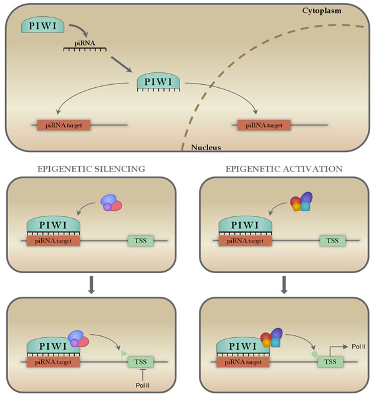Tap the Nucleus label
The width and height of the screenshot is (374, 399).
tap(206, 148)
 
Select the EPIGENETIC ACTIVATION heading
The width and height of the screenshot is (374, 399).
tap(284, 168)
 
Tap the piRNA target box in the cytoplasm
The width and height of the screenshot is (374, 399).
tap(64, 125)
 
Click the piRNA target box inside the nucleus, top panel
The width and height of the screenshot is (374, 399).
tap(264, 125)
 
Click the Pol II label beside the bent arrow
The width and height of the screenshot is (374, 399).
tap(359, 345)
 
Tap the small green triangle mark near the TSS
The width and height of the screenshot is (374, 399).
tap(124, 355)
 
